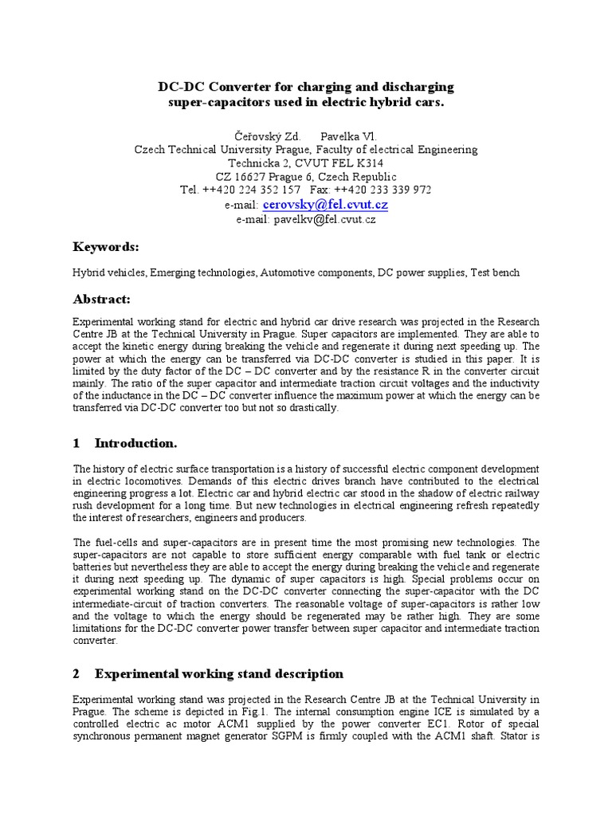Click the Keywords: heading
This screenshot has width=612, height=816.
[105, 247]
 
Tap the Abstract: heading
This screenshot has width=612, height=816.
[101, 300]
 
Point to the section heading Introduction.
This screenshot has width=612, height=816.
[135, 443]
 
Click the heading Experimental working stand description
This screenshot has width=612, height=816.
[219, 673]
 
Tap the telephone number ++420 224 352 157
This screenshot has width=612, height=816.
[252, 190]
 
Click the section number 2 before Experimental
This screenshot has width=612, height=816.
[76, 673]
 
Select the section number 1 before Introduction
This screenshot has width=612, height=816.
[76, 443]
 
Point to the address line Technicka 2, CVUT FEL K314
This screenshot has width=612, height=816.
[306, 163]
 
